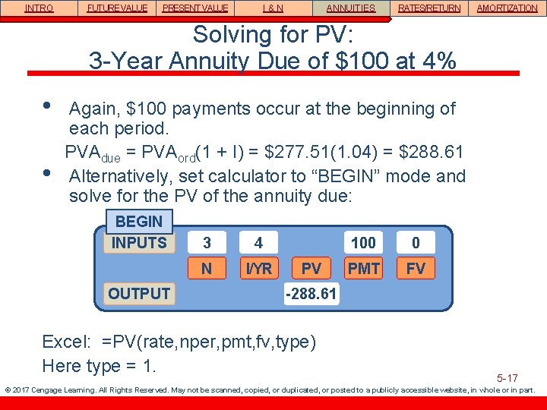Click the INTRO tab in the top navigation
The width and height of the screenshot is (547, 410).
point(39,8)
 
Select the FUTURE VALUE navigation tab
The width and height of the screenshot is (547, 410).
point(117,8)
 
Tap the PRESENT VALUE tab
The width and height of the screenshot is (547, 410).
point(194,8)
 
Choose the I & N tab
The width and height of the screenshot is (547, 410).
point(273,8)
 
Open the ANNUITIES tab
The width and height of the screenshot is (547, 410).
point(350,8)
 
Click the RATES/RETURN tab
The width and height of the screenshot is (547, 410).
point(428,8)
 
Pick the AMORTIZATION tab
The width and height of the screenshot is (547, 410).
point(507,8)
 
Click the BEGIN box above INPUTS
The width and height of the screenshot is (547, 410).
point(138,222)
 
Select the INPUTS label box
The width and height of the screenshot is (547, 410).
point(139,243)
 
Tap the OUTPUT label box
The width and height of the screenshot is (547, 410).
point(139,293)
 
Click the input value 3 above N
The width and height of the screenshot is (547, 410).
point(207,243)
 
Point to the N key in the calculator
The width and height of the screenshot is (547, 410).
point(207,268)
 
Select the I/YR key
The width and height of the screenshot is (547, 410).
point(258,268)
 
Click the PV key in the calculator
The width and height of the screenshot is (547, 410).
point(311,268)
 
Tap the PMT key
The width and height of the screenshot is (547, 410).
point(363,268)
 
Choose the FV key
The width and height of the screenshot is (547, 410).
point(416,268)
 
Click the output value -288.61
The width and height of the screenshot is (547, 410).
point(311,293)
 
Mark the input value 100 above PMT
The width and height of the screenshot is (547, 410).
point(363,243)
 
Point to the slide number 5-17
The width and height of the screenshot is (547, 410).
point(507,377)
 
